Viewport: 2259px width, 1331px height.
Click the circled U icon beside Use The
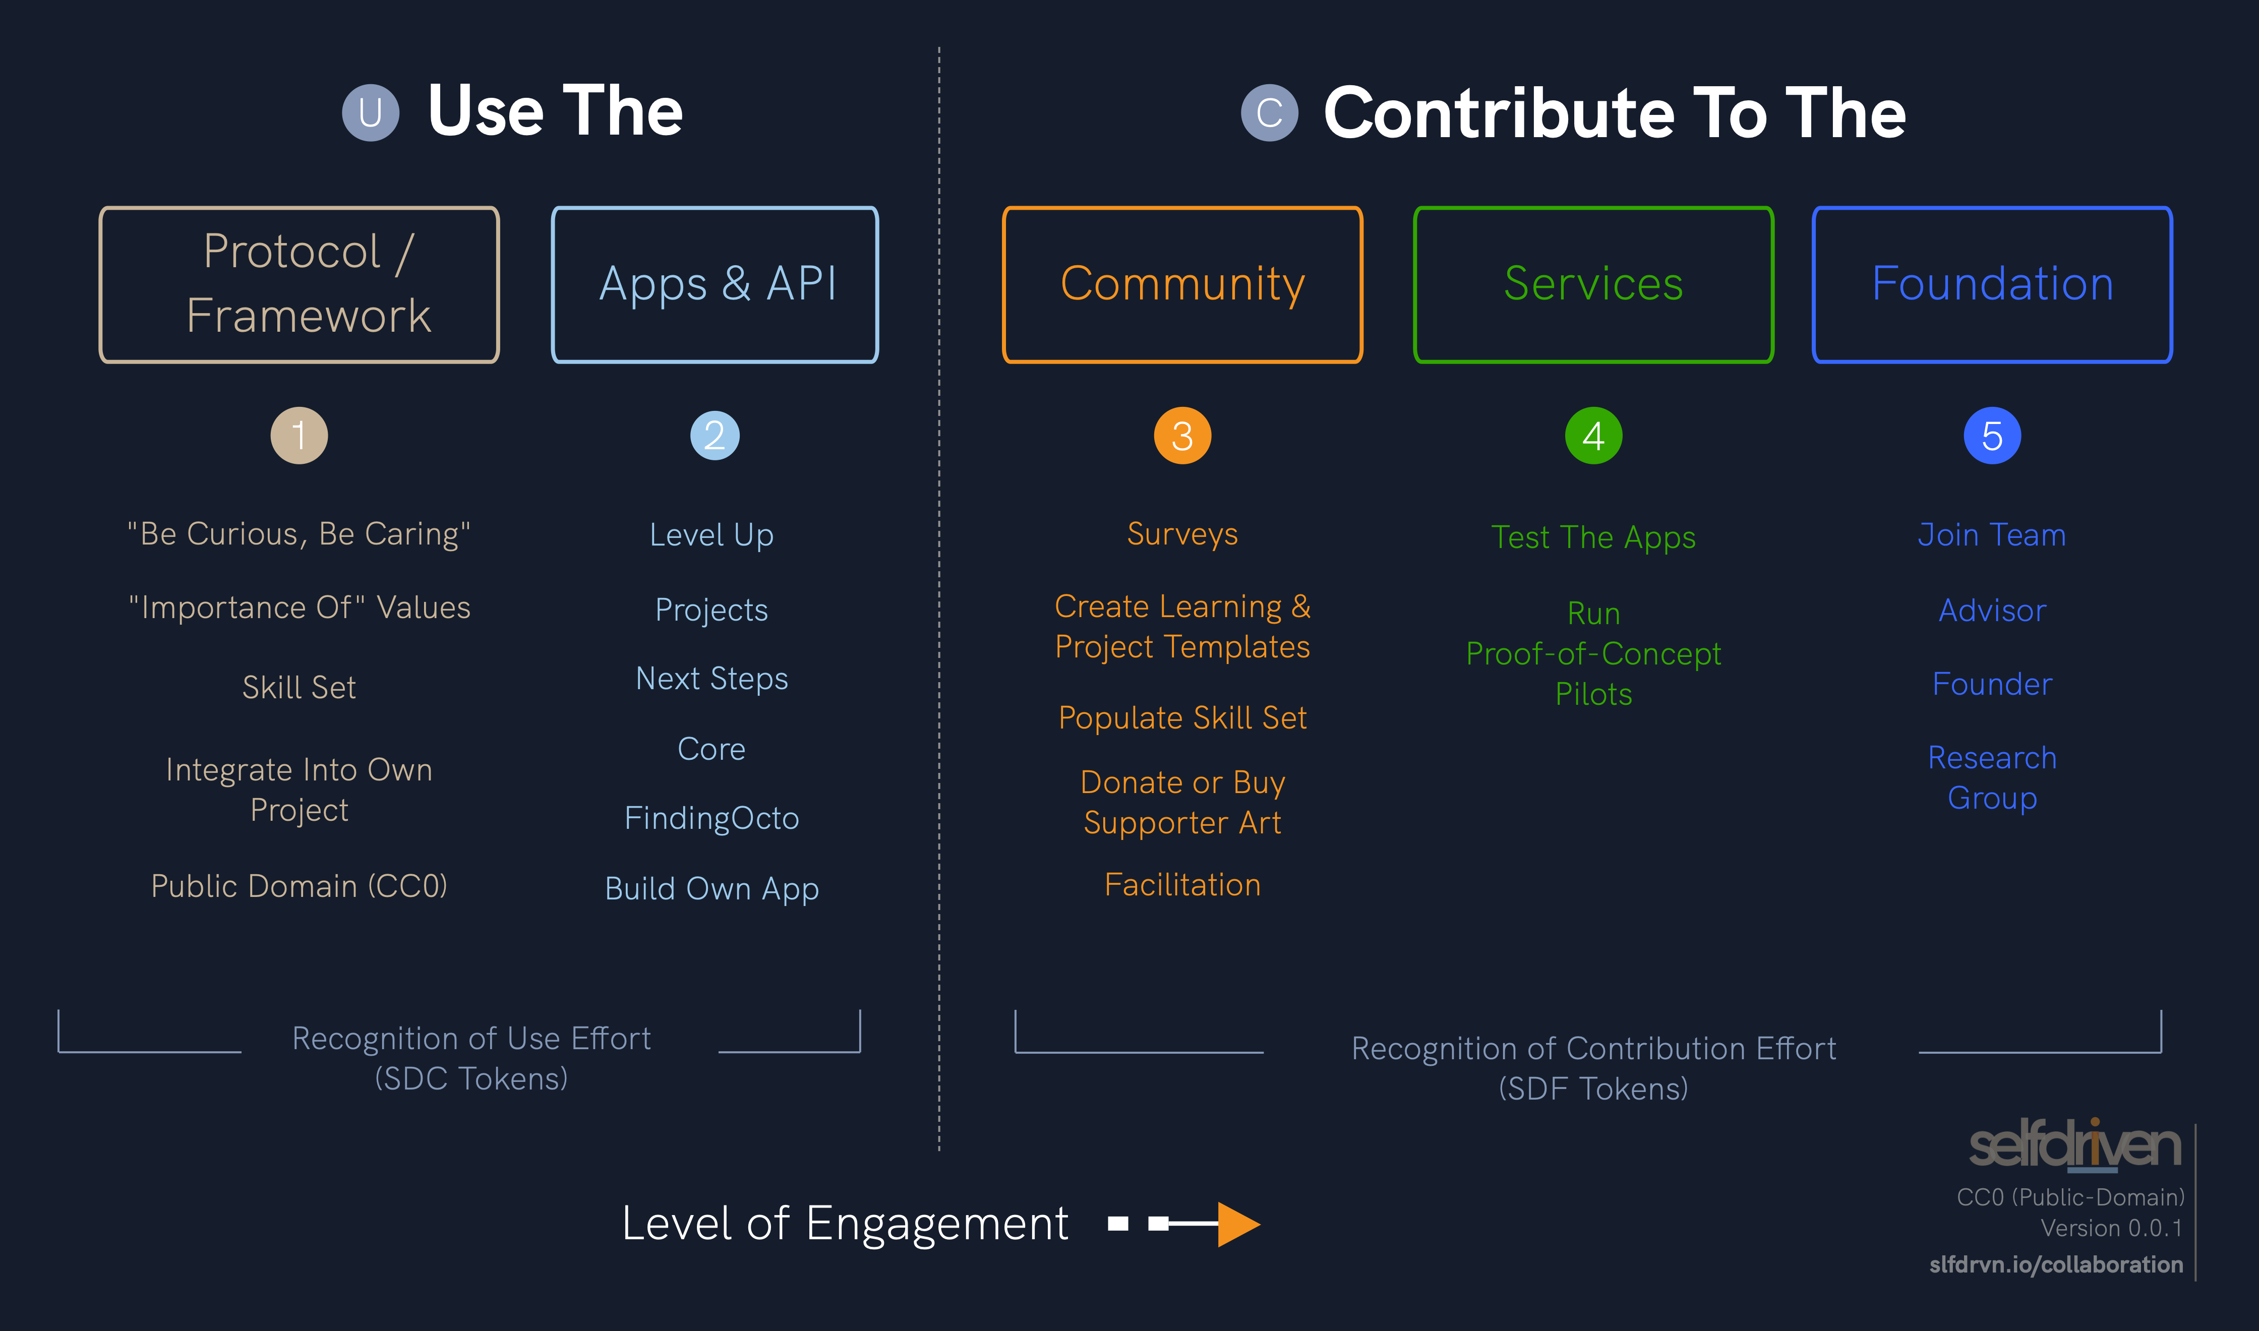371,113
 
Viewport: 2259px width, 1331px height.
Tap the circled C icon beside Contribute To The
1269,113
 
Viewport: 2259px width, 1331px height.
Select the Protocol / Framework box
300,284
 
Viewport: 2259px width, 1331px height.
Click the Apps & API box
715,284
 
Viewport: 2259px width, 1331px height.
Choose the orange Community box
1182,284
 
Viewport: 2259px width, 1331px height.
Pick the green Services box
1593,284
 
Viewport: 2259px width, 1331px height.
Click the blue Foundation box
1992,284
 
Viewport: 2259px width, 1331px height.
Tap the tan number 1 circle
300,436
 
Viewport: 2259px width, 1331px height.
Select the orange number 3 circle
1182,436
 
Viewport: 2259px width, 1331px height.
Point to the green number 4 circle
1593,436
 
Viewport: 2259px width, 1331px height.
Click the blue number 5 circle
1992,436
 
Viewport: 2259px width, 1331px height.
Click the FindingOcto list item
711,818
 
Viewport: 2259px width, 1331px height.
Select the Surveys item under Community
1182,534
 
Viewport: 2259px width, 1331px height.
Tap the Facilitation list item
1182,885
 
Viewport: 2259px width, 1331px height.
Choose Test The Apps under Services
1593,537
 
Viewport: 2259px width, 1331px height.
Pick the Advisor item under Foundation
1992,611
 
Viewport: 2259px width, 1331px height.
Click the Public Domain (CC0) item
300,886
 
